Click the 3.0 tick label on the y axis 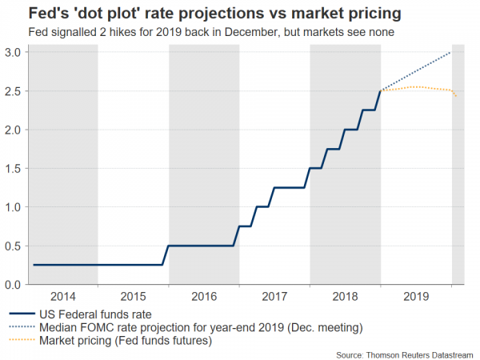(x=14, y=52)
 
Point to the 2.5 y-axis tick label (x=14, y=91)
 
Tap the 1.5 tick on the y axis (x=14, y=168)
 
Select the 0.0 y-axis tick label (x=14, y=284)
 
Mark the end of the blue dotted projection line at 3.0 (x=451, y=52)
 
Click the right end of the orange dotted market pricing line (x=457, y=96)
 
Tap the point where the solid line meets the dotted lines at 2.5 (x=382, y=91)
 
